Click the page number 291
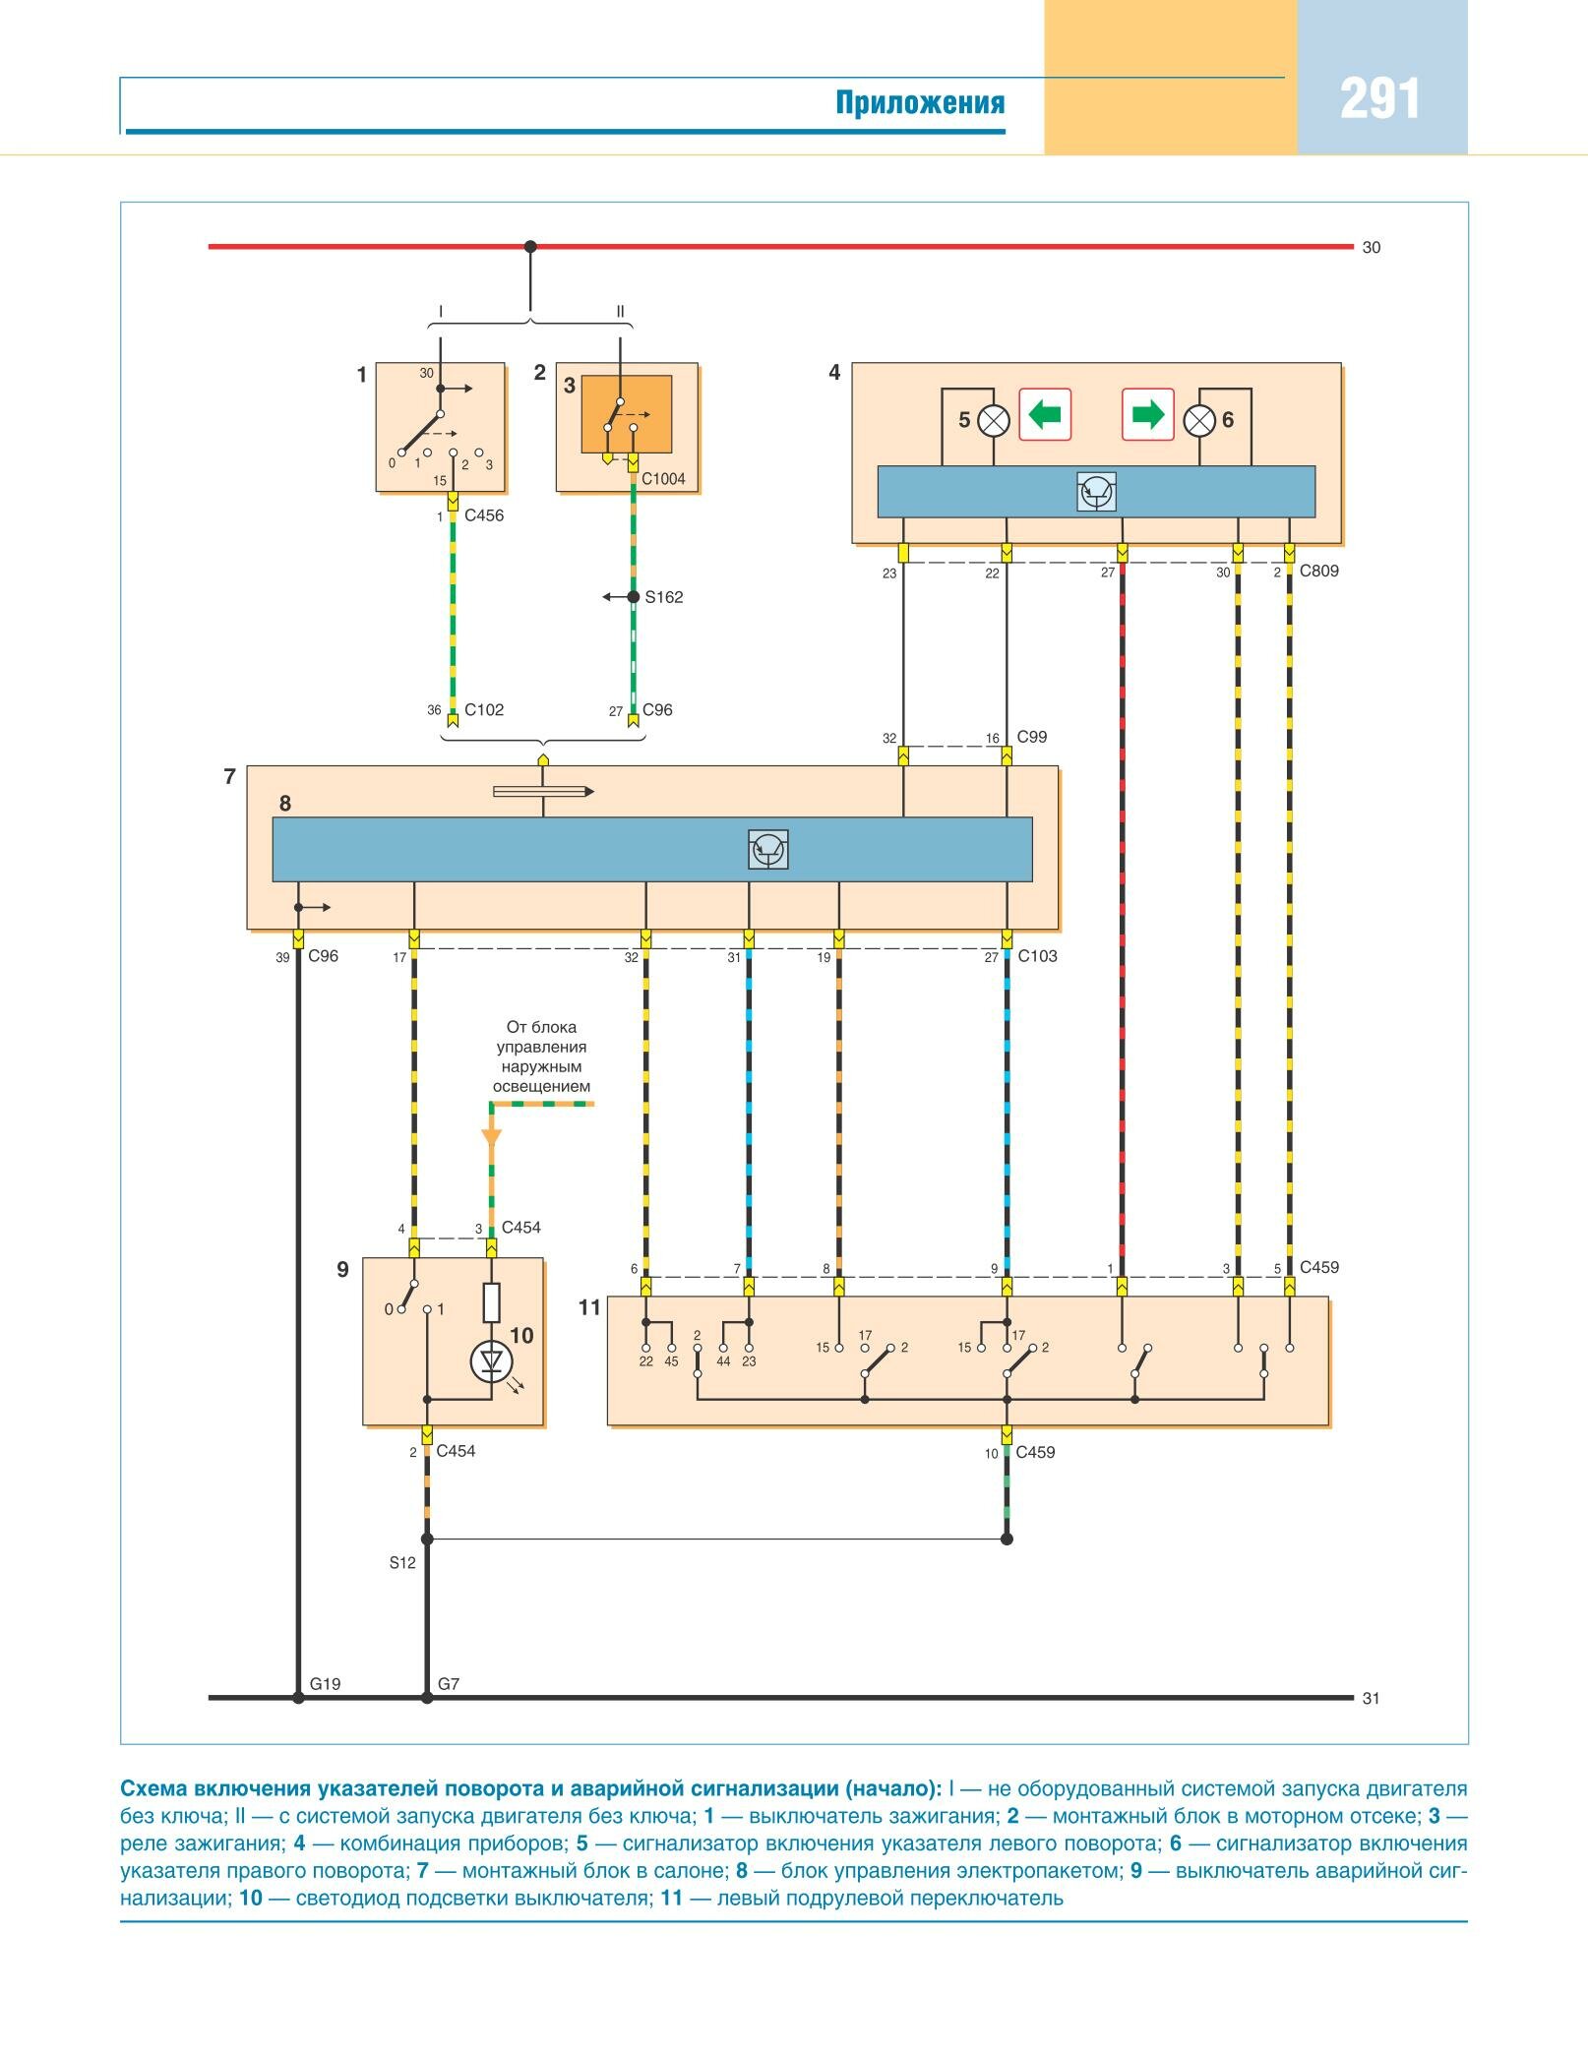[x=1379, y=100]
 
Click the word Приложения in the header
[x=920, y=103]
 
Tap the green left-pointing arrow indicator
[x=1044, y=414]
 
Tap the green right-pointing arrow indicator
[x=1148, y=414]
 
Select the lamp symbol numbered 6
[x=1199, y=421]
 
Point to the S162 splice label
[x=664, y=597]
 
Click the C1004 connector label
[x=663, y=479]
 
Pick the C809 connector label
[x=1318, y=571]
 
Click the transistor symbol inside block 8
[x=768, y=850]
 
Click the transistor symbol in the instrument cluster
[x=1097, y=492]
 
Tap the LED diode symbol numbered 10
[x=491, y=1361]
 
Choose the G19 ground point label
[x=325, y=1684]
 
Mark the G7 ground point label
[x=449, y=1684]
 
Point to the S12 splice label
[x=402, y=1562]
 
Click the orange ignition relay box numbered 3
[x=627, y=413]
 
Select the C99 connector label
[x=1032, y=737]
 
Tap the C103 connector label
[x=1037, y=956]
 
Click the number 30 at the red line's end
[x=1372, y=248]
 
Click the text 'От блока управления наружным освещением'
[x=542, y=1057]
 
